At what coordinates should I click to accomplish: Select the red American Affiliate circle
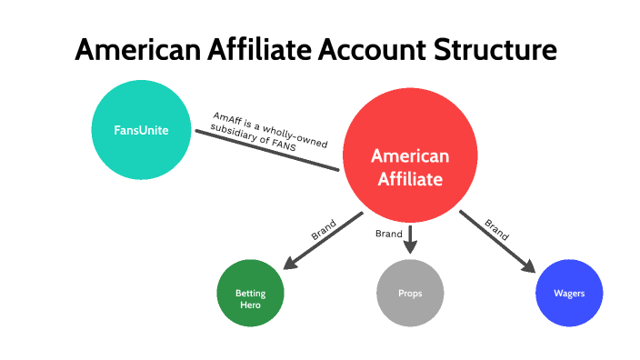click(x=409, y=155)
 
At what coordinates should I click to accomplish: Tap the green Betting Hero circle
click(x=250, y=294)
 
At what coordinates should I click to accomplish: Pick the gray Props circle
click(x=410, y=293)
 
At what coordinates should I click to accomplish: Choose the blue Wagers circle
click(x=569, y=293)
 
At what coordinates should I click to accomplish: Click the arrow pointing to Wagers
click(x=496, y=241)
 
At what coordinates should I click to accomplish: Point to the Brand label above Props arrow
click(x=389, y=234)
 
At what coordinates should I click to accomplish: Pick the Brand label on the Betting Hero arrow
click(x=324, y=230)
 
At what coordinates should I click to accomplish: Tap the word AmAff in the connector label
click(x=224, y=118)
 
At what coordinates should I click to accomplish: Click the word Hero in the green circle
click(x=249, y=305)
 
